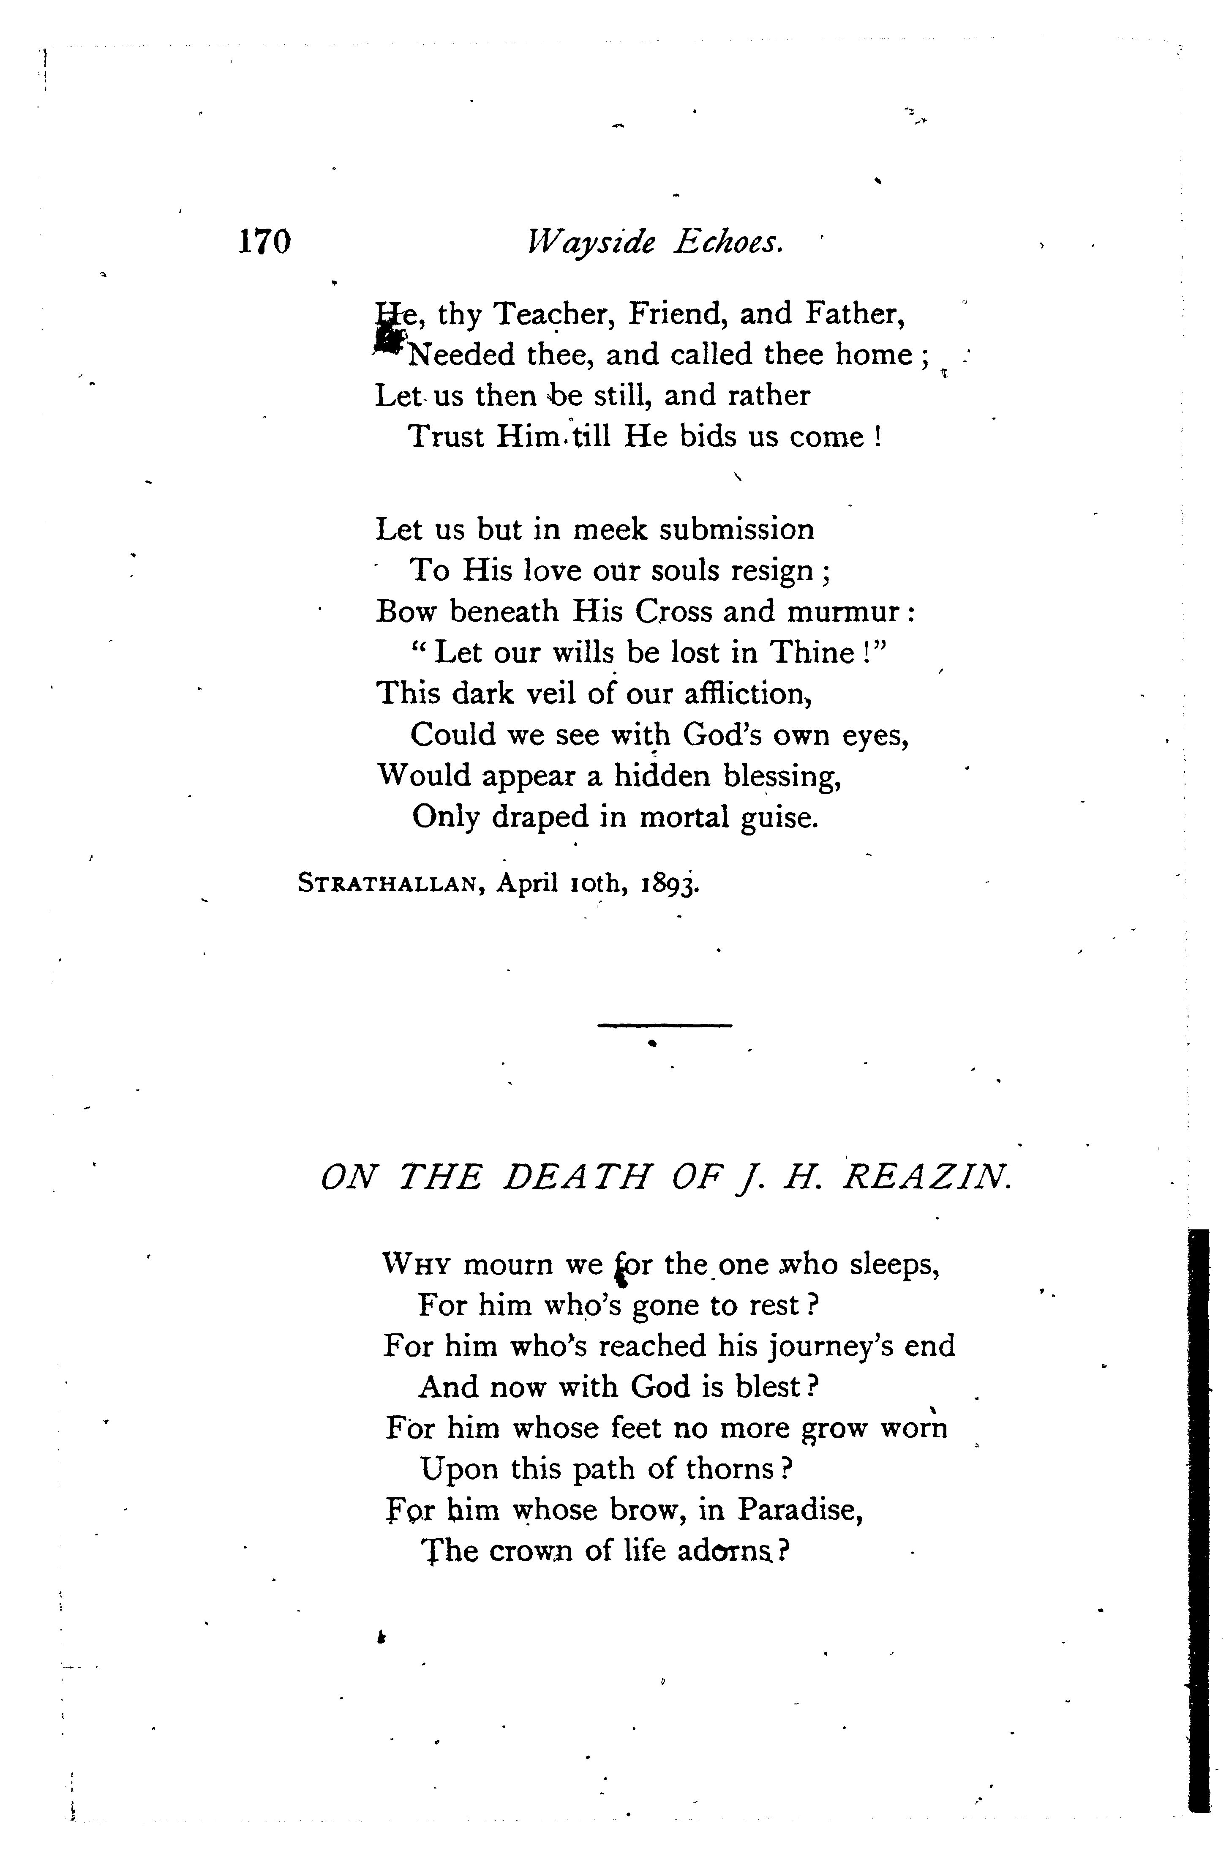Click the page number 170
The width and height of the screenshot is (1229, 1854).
click(264, 242)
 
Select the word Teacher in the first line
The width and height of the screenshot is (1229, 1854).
click(552, 314)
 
